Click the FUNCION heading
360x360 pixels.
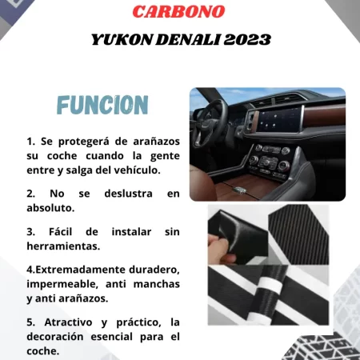tap(102, 105)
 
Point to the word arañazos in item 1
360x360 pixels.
tap(151, 141)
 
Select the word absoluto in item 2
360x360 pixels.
tap(51, 208)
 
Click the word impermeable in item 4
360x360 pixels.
tap(63, 284)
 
